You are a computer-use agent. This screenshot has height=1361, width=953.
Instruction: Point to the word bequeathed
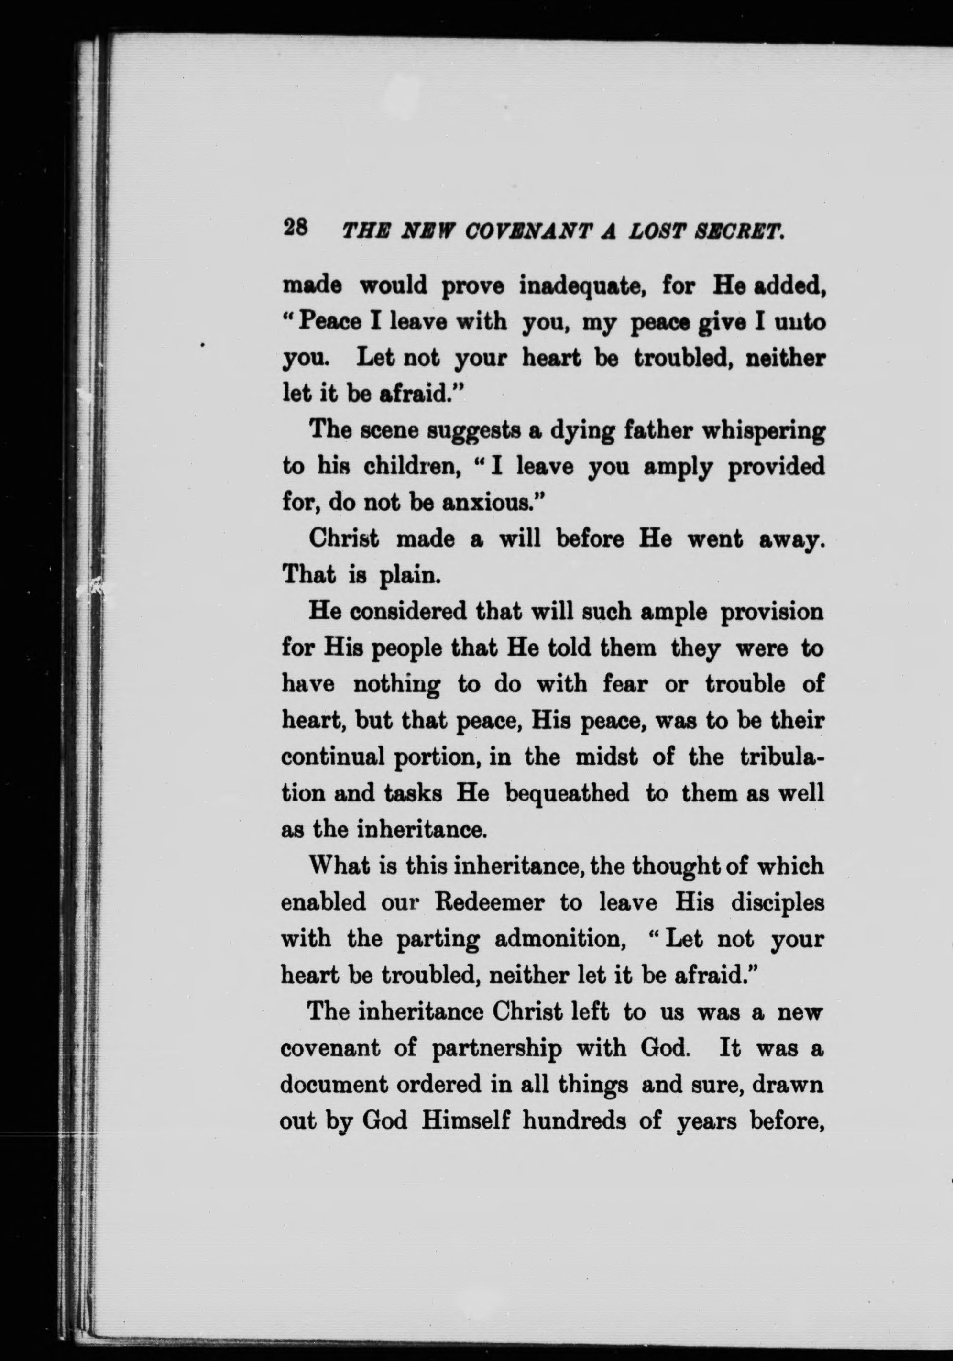(567, 793)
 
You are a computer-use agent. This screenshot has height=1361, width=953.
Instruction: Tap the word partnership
(497, 1049)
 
